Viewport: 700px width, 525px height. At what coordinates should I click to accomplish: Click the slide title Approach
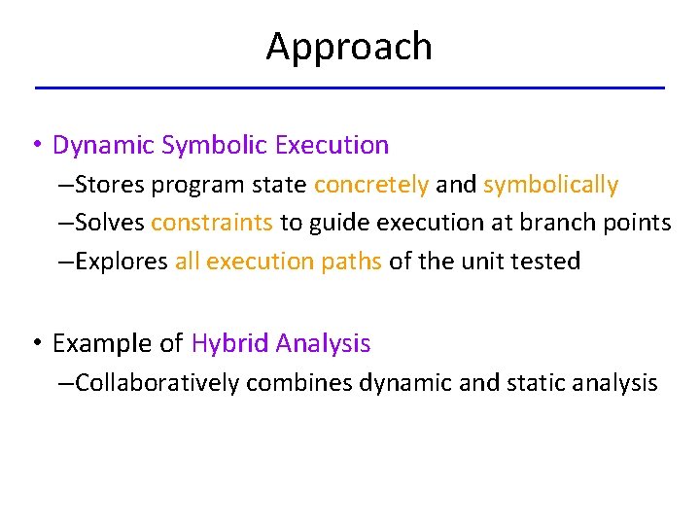point(349,47)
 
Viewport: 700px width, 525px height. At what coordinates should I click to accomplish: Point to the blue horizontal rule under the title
point(349,88)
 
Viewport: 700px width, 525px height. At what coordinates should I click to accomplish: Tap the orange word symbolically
point(550,185)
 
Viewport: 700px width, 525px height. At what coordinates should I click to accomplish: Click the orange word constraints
point(212,223)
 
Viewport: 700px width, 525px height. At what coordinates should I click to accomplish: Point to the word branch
point(550,223)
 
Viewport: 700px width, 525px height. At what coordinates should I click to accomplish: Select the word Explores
point(122,261)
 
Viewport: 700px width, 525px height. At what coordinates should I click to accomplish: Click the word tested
point(547,261)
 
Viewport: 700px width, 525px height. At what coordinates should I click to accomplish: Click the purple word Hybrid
point(230,343)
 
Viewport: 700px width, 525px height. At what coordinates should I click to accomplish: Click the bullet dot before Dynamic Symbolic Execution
point(35,147)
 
